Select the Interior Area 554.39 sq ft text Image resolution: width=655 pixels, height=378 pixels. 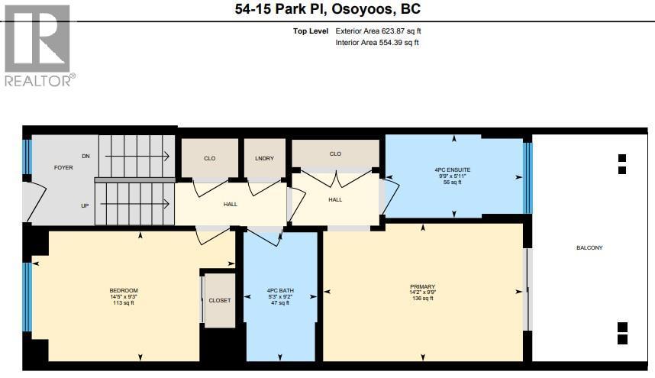point(377,43)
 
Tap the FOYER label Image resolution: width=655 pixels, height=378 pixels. point(63,167)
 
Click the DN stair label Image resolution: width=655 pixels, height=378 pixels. point(86,157)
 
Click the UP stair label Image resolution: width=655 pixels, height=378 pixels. point(85,206)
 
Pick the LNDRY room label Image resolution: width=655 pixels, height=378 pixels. point(264,158)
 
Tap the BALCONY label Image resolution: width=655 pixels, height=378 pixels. point(589,247)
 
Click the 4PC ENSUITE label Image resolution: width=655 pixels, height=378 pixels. point(453,170)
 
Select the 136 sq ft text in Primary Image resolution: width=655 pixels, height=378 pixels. point(423,299)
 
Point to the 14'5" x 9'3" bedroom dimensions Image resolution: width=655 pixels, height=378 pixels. point(124,296)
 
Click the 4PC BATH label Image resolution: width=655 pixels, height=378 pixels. point(280,290)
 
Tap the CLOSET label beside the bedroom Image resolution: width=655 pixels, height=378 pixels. point(220,300)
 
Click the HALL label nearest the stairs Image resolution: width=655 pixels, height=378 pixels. point(231,204)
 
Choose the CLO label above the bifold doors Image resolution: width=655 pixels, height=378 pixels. point(335,153)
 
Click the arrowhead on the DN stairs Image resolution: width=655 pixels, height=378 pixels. point(166,157)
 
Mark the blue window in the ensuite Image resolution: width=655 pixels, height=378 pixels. point(528,179)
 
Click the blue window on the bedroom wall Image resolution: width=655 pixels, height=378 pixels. point(27,297)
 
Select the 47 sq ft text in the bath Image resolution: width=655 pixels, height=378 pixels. point(280,303)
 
